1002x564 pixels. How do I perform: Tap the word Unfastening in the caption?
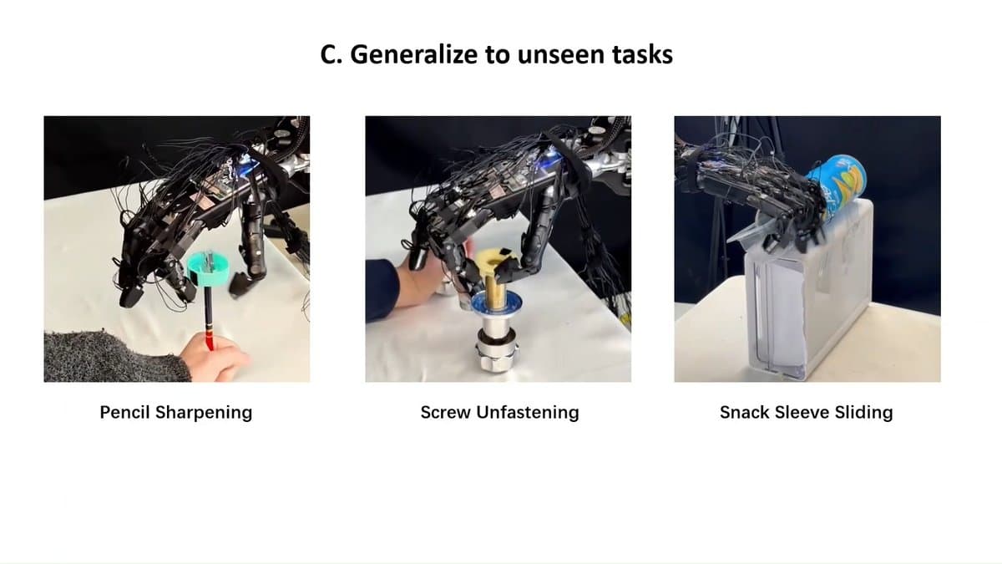[527, 412]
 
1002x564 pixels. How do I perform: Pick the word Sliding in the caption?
[865, 412]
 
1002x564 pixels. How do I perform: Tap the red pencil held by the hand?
[208, 322]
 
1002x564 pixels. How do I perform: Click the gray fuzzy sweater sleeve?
[109, 358]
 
